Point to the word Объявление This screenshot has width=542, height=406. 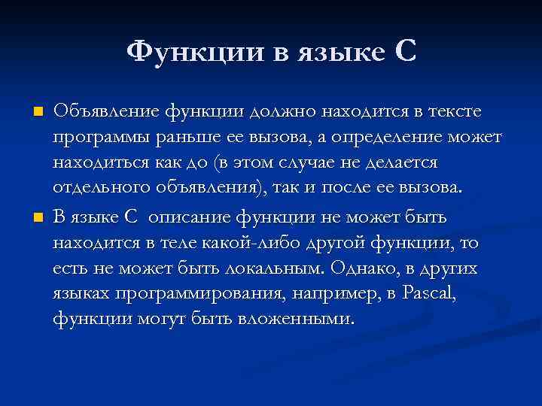pos(105,112)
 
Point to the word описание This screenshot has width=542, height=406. pos(191,218)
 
